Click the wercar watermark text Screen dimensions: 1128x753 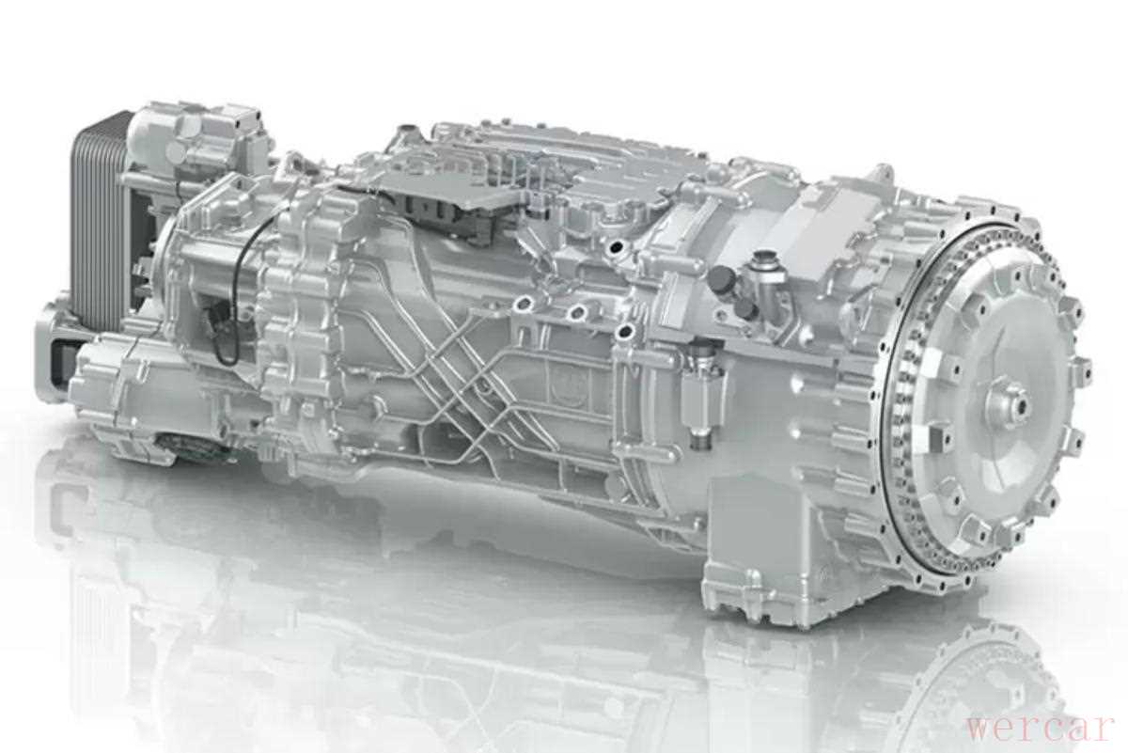point(1039,727)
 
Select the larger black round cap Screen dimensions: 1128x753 point(721,277)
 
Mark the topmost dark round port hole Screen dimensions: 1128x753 point(616,247)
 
